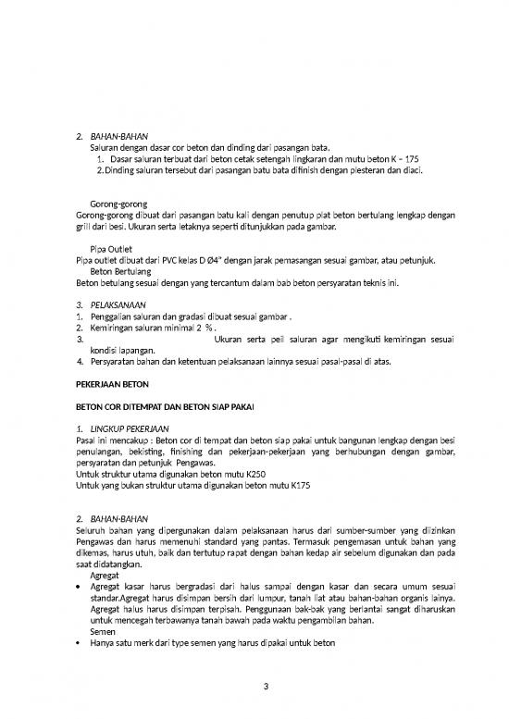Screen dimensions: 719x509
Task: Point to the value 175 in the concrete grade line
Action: click(412, 158)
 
